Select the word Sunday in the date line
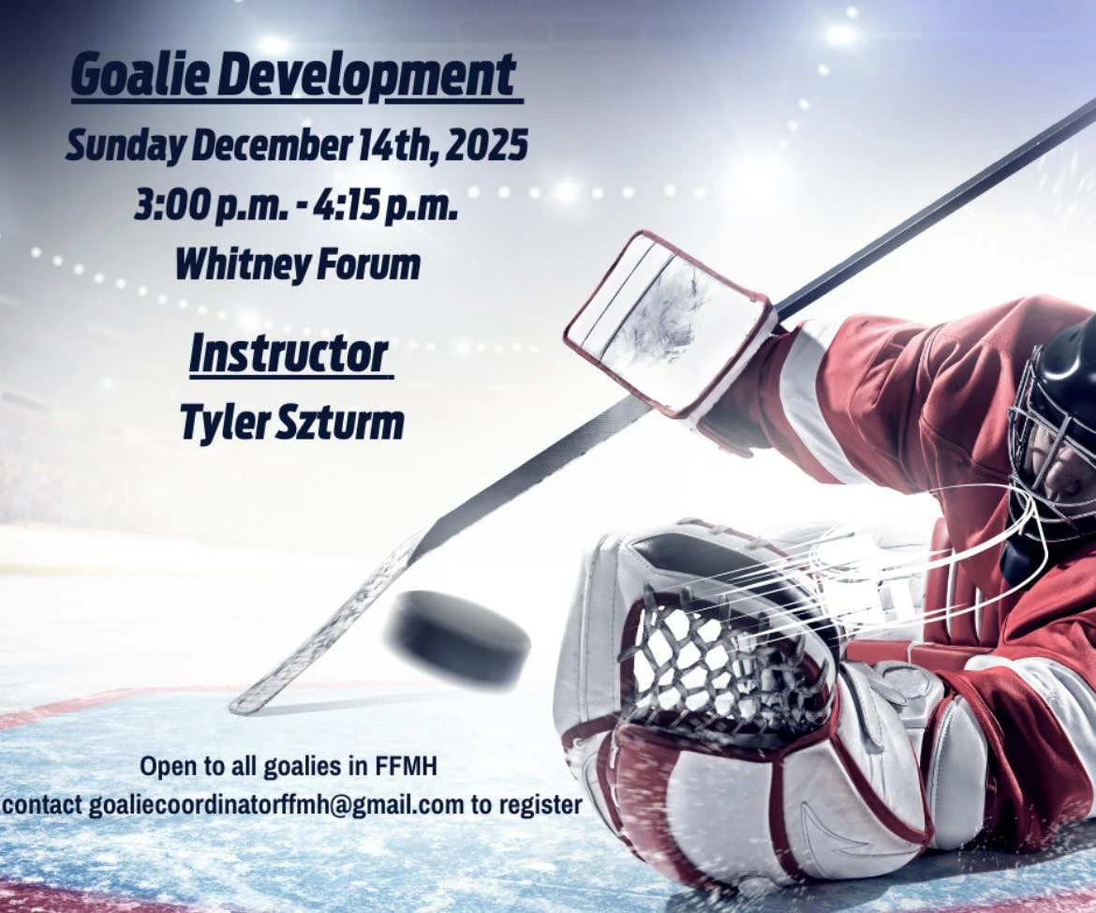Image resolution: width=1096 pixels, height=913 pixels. [x=126, y=147]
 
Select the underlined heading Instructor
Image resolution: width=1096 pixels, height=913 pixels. [x=289, y=354]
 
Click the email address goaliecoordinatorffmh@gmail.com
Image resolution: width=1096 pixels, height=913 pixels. [x=276, y=805]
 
